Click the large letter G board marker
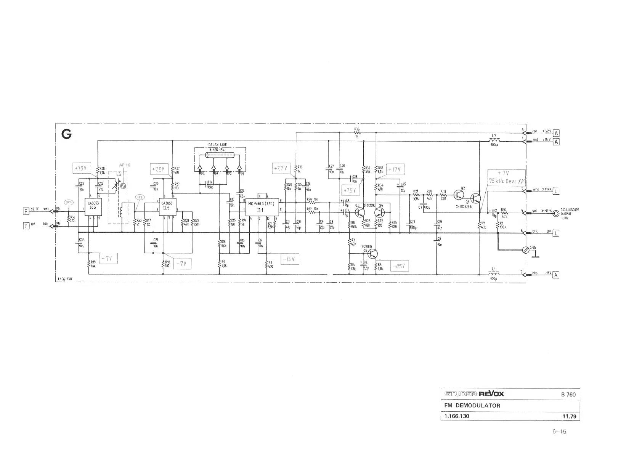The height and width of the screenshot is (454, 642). point(66,134)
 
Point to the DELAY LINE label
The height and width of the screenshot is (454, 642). point(218,145)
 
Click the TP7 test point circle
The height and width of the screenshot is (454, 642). point(69,203)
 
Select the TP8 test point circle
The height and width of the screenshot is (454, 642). point(140,197)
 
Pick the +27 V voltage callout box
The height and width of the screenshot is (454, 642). point(281,168)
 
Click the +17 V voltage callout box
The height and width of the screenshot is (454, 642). point(396,169)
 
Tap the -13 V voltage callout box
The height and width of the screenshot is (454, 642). point(290,259)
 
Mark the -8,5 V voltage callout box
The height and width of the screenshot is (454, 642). point(400,266)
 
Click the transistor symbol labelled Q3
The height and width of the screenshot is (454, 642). point(372,254)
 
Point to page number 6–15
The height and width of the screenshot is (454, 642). point(559,432)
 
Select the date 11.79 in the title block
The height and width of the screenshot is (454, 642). point(569,416)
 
